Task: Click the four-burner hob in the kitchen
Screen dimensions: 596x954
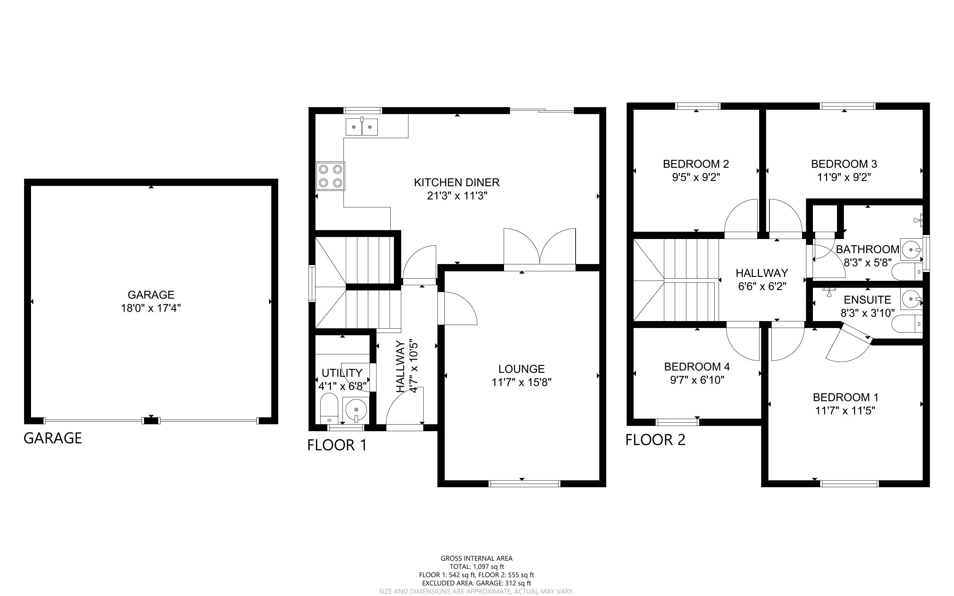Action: (330, 176)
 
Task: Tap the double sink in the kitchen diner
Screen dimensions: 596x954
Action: (362, 127)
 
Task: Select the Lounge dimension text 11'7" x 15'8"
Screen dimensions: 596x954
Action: (521, 382)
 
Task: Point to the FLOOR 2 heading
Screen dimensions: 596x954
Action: (655, 440)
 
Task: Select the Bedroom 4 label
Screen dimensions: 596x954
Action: (697, 367)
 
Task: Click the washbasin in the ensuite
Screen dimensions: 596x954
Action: (912, 299)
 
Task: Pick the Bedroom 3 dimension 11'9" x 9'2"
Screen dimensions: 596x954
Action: (844, 177)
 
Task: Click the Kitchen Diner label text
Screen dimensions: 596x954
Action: (457, 183)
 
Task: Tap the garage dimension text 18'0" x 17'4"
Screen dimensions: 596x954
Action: (151, 308)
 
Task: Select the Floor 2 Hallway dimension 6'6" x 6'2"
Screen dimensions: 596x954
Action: (762, 286)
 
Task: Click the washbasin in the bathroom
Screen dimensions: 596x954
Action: (912, 249)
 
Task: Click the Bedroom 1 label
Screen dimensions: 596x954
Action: (845, 397)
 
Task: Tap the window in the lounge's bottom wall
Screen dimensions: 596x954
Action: (524, 484)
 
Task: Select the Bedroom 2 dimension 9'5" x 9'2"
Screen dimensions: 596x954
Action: (696, 177)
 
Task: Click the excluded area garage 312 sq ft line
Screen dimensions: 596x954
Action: (476, 583)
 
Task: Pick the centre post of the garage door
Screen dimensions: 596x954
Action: (151, 421)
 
